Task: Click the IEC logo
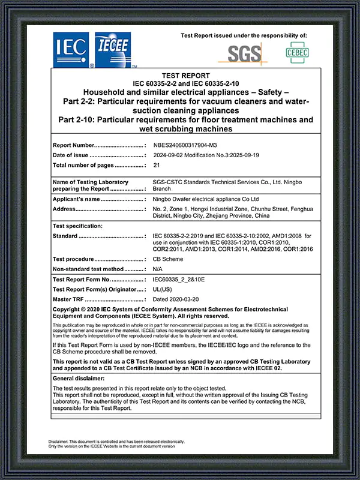71,49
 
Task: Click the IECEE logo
113,49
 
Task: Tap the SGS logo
244,53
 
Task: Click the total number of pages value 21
157,164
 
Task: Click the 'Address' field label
64,208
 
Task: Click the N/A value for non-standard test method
158,269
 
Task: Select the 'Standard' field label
65,236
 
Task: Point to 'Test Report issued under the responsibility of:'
244,36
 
